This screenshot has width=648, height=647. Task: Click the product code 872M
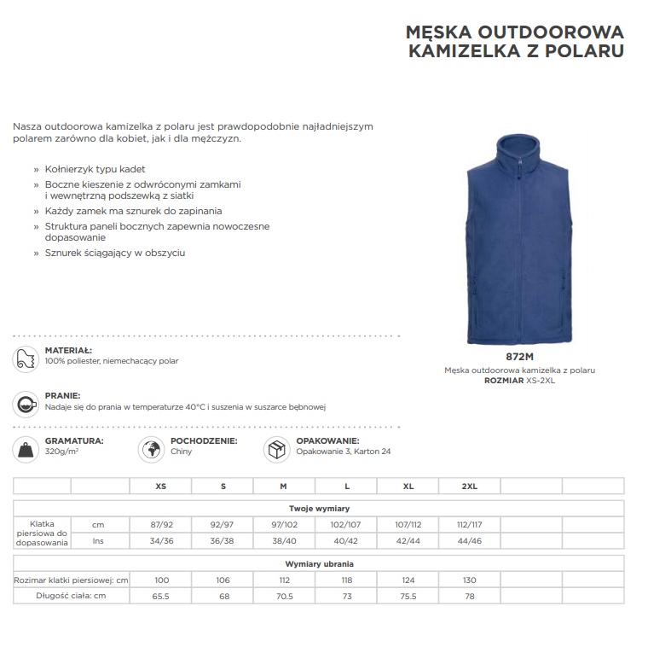click(518, 357)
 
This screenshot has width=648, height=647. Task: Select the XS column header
click(161, 486)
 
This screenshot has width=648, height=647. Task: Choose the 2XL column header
click(469, 486)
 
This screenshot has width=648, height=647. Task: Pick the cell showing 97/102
click(284, 524)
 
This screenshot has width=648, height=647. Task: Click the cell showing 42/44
click(408, 540)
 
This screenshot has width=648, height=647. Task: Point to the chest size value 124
click(408, 580)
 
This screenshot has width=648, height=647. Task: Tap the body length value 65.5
click(161, 596)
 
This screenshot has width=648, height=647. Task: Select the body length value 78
click(469, 596)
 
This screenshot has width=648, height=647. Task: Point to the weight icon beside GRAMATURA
click(26, 449)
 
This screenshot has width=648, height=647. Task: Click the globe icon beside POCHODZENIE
click(151, 449)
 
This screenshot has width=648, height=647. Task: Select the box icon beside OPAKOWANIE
click(276, 449)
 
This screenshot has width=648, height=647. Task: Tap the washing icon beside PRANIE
click(26, 403)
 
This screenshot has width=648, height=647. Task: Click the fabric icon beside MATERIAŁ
click(26, 358)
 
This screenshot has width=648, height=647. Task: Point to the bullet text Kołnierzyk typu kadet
click(95, 169)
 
